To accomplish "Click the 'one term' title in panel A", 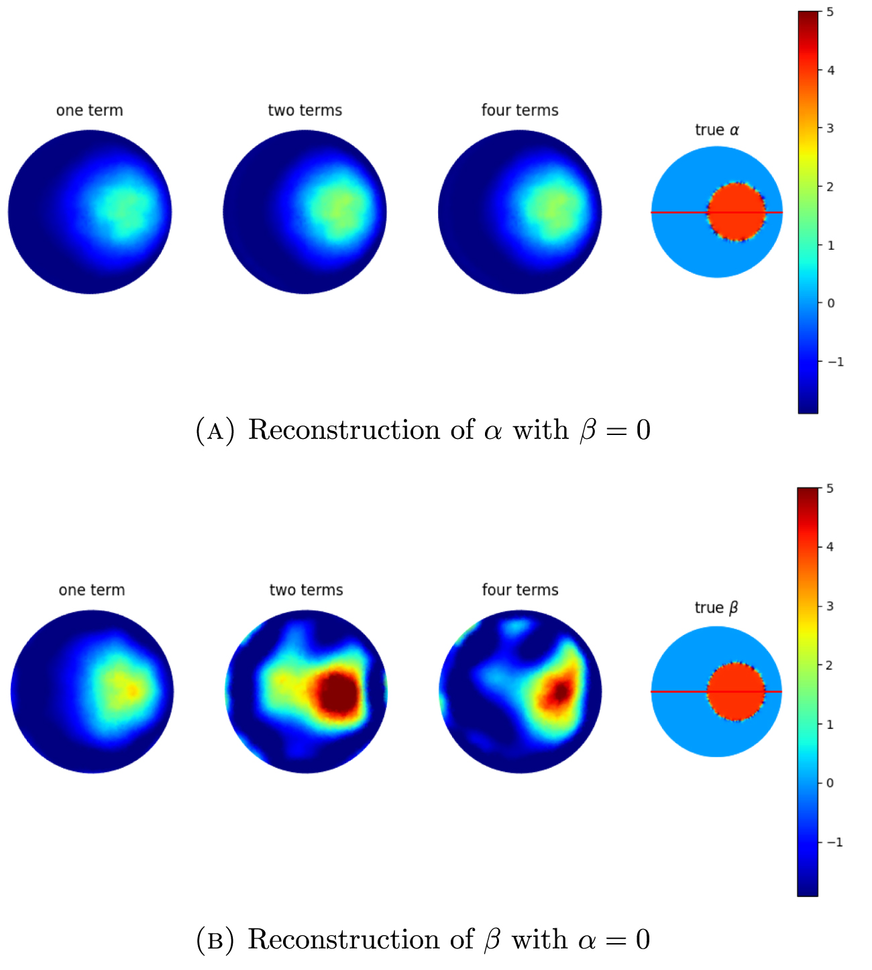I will click(x=90, y=110).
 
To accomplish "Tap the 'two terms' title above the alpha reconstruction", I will click(x=305, y=110).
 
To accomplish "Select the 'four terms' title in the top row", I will click(x=520, y=110).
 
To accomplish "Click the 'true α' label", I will click(x=717, y=130).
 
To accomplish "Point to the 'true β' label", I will click(x=716, y=608).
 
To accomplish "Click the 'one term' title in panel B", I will click(x=92, y=590).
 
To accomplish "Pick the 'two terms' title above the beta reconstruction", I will click(x=306, y=590).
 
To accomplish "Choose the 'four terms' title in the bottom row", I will click(x=520, y=590).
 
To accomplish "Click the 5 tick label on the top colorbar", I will click(x=830, y=12).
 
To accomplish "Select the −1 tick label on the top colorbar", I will click(x=834, y=362).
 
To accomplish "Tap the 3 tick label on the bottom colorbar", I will click(x=830, y=606).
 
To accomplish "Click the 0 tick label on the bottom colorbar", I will click(x=830, y=783).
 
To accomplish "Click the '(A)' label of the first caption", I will click(x=215, y=430).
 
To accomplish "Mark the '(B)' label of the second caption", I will click(x=215, y=940).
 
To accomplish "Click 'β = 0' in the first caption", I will click(x=615, y=430).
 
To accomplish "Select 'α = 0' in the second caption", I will click(x=614, y=940).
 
